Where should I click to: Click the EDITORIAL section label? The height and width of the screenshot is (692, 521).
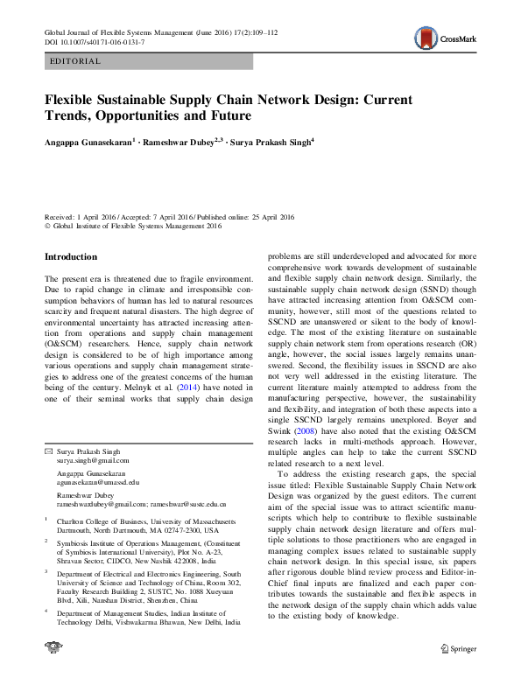[x=76, y=61]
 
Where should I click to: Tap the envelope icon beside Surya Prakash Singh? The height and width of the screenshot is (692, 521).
[x=48, y=451]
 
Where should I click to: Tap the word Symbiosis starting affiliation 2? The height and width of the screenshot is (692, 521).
[x=76, y=543]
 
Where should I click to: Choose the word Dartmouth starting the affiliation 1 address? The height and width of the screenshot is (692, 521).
[x=76, y=530]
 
